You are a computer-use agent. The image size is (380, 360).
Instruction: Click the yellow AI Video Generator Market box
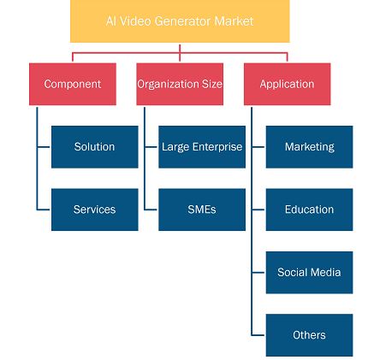tap(180, 21)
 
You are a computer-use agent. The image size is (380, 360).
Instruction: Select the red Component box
tap(73, 84)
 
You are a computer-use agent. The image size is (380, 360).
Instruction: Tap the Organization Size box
tap(180, 84)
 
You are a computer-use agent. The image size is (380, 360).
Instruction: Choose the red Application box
tap(287, 84)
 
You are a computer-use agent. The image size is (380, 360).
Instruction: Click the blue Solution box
tap(95, 147)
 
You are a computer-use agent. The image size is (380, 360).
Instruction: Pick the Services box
tap(95, 210)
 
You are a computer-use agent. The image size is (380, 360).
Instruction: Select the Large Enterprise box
tap(202, 147)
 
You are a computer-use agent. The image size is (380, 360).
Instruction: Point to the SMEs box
tap(202, 210)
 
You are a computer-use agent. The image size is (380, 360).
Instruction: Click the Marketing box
tap(309, 147)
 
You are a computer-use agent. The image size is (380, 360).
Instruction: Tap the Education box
tap(309, 210)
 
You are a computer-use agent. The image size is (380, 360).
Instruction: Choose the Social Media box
tap(309, 273)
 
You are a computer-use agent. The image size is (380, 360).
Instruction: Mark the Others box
tap(309, 335)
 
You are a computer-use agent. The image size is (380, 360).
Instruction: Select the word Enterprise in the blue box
tap(217, 147)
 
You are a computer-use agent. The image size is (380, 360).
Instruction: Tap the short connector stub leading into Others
tap(258, 335)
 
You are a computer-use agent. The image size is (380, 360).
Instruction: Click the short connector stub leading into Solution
tap(44, 147)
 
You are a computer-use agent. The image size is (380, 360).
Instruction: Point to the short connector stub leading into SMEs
tap(151, 210)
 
